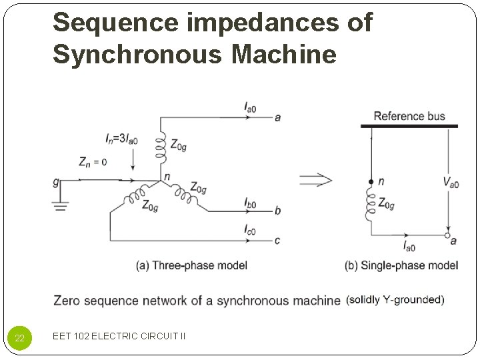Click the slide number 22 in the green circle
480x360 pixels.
coord(20,338)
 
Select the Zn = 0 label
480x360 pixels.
coord(92,162)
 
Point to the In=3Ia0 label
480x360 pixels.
coord(122,139)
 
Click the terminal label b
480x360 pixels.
coord(277,211)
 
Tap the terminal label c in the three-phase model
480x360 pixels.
coord(277,240)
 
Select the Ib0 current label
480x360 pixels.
coord(250,202)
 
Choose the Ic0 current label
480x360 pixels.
coord(250,230)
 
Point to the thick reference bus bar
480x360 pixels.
coord(409,126)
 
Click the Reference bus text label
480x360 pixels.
coord(409,116)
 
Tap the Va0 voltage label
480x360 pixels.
coord(451,181)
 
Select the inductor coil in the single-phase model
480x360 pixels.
coord(371,203)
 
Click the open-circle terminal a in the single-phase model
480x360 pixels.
coord(448,235)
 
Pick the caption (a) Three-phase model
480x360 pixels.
coord(191,265)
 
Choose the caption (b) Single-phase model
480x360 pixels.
coord(401,265)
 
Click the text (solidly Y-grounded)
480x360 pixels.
coord(395,300)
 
